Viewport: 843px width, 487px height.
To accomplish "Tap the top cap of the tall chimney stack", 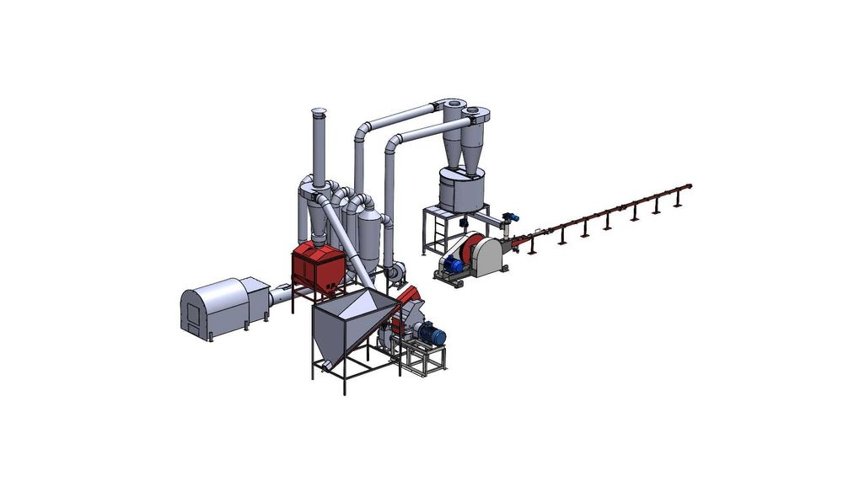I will point(319,112).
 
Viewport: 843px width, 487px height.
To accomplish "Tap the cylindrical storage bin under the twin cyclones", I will point(460,190).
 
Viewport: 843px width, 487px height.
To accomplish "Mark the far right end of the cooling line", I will point(690,186).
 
